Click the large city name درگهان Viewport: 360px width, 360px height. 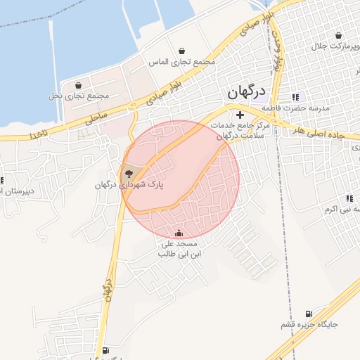[x=246, y=92]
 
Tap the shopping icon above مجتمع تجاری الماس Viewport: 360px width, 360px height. [x=183, y=51]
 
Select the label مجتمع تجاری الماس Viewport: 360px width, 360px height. [x=181, y=62]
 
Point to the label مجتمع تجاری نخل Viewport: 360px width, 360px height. [x=79, y=95]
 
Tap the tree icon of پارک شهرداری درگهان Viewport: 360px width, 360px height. [x=128, y=174]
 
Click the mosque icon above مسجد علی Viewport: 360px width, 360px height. [x=179, y=233]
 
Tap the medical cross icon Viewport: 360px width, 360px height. [x=240, y=115]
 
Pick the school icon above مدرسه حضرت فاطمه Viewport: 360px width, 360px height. [x=295, y=97]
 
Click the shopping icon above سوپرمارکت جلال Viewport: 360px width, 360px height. [x=339, y=35]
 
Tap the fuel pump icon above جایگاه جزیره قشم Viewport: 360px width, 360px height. [x=307, y=314]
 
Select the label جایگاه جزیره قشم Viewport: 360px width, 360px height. [x=310, y=325]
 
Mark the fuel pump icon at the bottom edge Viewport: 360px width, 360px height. [x=106, y=350]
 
